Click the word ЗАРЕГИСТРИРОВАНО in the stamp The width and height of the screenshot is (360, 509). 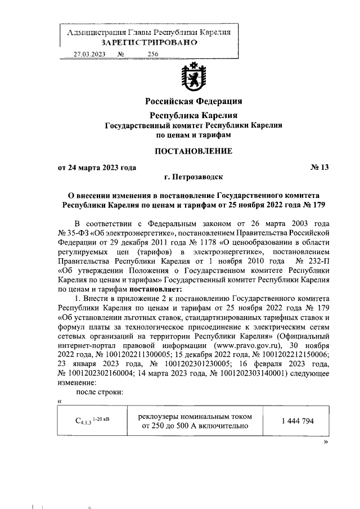(x=149, y=42)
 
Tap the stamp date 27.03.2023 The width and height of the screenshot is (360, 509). (x=89, y=55)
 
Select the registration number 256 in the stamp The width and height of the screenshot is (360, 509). (x=152, y=55)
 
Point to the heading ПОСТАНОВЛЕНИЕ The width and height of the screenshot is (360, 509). (x=193, y=151)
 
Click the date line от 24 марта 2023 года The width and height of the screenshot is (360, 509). (x=97, y=167)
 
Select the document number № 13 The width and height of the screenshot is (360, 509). (x=319, y=167)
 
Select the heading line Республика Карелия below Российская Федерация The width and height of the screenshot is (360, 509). (x=193, y=115)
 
